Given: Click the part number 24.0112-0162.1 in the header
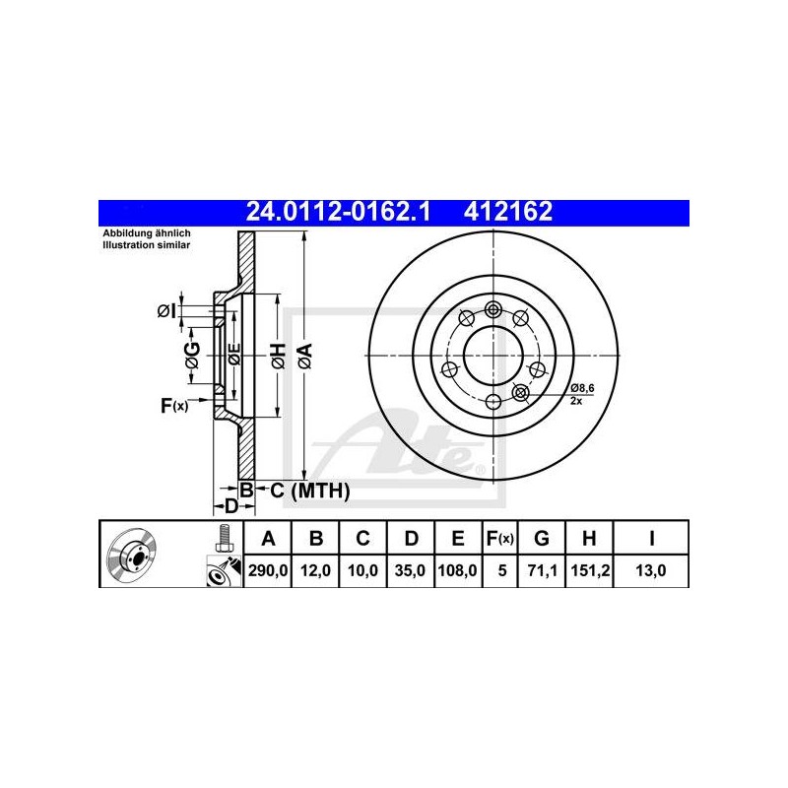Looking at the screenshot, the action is click(x=338, y=212).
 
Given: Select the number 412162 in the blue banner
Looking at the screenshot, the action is click(x=508, y=212).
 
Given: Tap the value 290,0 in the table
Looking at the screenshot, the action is click(x=268, y=570).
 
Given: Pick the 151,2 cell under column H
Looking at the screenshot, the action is click(x=590, y=570).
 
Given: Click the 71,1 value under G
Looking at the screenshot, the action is click(x=543, y=570).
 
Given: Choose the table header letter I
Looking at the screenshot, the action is click(x=651, y=538).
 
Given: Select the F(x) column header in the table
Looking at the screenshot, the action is click(x=500, y=538).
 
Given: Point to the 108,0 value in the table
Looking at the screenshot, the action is click(x=458, y=570).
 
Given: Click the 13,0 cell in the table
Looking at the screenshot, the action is click(x=651, y=570).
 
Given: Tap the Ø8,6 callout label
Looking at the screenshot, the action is click(x=582, y=388).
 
